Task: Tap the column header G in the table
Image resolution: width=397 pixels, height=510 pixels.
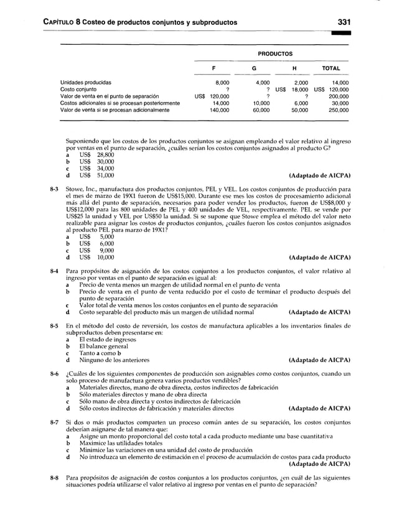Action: point(254,69)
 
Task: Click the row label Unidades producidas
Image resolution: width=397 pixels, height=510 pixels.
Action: point(86,82)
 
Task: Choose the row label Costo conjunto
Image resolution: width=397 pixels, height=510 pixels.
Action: point(80,89)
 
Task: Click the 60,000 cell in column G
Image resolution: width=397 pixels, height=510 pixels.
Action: point(260,109)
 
